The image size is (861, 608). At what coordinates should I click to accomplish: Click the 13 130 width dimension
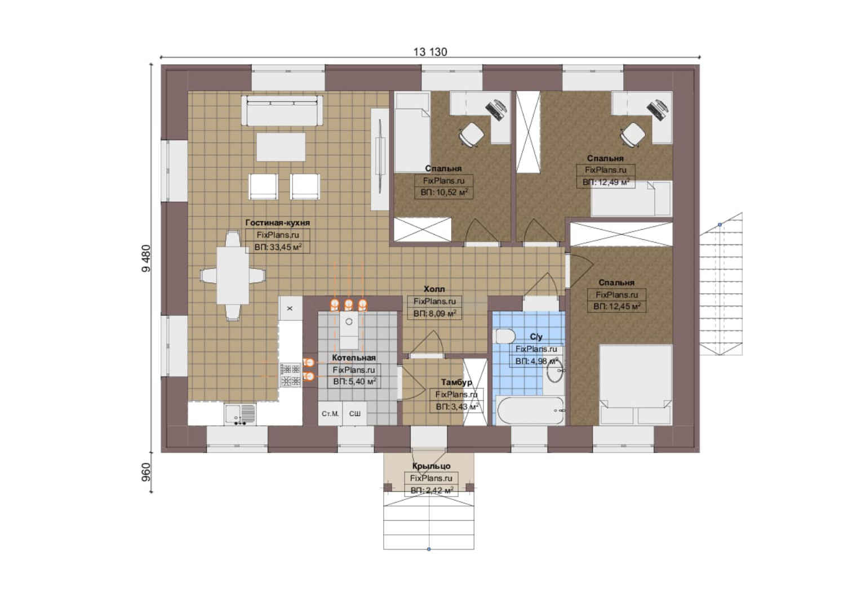pos(430,52)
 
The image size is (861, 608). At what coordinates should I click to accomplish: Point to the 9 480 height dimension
pos(147,258)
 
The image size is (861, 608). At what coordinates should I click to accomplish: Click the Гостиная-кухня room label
pos(278,223)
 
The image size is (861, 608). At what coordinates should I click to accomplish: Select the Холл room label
pos(434,289)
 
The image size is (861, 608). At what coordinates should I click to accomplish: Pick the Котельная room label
pos(354,357)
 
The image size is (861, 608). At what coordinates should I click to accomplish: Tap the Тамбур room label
pos(456,382)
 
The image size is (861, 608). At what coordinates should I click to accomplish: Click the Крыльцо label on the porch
pos(431,466)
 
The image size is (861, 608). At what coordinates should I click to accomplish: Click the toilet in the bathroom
pos(505,336)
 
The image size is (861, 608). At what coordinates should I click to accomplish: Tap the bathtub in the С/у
pos(530,410)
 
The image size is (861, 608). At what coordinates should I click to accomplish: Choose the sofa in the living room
pos(282,110)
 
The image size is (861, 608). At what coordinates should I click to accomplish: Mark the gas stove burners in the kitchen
pos(291,375)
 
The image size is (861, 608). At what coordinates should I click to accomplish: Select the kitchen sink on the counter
pos(240,414)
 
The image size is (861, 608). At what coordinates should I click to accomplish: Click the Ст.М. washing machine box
pos(330,414)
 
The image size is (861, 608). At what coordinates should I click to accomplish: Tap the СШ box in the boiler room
pos(355,414)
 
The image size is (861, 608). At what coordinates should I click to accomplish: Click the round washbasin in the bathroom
pos(554,370)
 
